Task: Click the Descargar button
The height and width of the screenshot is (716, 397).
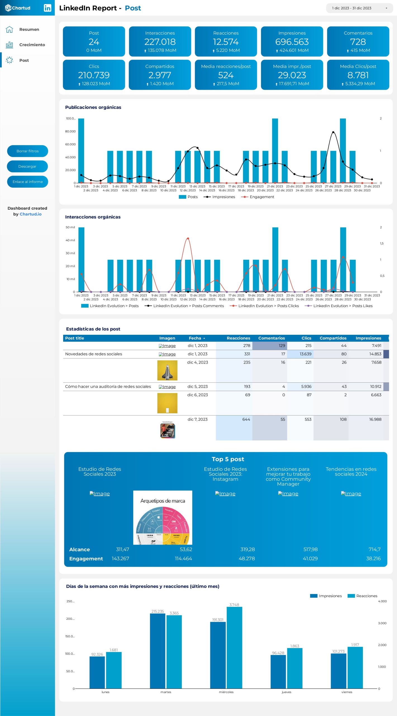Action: coord(27,166)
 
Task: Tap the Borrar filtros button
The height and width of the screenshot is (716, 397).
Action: coord(27,151)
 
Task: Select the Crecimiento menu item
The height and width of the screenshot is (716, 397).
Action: coord(32,45)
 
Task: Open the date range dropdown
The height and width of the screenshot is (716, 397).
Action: coord(359,8)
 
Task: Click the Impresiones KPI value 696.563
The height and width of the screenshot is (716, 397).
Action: coord(292,42)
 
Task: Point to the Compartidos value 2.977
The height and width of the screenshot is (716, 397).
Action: coord(160,75)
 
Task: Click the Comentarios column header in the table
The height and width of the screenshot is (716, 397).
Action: coord(271,338)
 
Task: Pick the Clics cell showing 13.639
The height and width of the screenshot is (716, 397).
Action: coord(305,354)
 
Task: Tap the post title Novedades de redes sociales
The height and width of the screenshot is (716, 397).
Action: coord(94,354)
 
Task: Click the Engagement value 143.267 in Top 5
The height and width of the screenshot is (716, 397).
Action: coord(120,559)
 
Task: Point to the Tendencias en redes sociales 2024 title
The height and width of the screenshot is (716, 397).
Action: coord(351,472)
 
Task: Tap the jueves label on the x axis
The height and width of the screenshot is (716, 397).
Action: coord(286,692)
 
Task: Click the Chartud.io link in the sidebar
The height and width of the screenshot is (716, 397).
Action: coord(30,214)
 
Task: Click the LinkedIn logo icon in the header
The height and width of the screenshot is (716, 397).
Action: coord(47,8)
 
